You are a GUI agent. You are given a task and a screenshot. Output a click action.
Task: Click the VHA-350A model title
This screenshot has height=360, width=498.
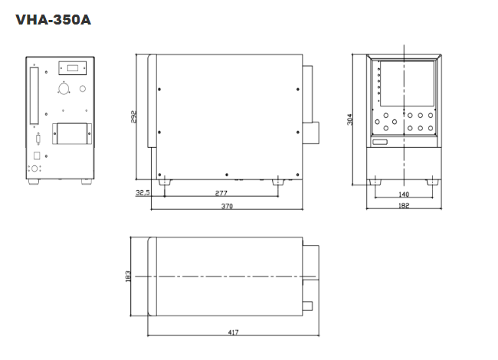click(54, 20)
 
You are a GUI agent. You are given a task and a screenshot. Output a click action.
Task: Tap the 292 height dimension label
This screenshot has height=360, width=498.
click(134, 117)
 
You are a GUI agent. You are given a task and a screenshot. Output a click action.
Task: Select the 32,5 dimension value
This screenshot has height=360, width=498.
click(143, 192)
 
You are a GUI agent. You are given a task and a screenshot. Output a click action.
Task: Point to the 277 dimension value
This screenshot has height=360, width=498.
click(221, 193)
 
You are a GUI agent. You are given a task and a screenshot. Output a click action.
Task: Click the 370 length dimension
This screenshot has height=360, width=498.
click(227, 206)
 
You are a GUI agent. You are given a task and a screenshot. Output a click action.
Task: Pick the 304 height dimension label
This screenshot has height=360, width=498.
click(349, 119)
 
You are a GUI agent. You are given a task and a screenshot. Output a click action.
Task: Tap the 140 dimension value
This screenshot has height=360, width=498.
click(403, 195)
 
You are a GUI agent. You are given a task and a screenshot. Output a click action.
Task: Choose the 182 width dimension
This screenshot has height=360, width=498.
click(404, 206)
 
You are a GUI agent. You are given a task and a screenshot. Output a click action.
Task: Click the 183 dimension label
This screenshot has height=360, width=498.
click(128, 277)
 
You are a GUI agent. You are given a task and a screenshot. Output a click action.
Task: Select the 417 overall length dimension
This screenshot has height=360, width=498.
click(233, 332)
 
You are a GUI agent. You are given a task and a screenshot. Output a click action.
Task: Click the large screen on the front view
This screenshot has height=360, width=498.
click(407, 83)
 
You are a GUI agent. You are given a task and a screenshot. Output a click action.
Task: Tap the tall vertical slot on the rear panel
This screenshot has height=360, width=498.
click(34, 96)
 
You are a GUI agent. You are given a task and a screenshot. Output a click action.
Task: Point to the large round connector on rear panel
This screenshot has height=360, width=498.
click(64, 89)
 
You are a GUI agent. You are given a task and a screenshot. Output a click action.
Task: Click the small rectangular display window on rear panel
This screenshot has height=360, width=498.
click(73, 68)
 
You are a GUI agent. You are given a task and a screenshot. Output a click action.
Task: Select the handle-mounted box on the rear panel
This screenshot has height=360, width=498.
click(72, 133)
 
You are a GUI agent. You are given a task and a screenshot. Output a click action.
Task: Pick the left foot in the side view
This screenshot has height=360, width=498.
click(165, 182)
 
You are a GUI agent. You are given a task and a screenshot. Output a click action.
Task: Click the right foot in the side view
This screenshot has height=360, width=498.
click(278, 182)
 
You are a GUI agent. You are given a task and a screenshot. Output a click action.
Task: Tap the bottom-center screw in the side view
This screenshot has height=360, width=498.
click(227, 175)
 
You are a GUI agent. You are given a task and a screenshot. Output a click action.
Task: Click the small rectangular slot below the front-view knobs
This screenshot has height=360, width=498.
click(380, 142)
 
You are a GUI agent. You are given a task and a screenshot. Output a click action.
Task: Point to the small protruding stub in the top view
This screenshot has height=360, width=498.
click(308, 306)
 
